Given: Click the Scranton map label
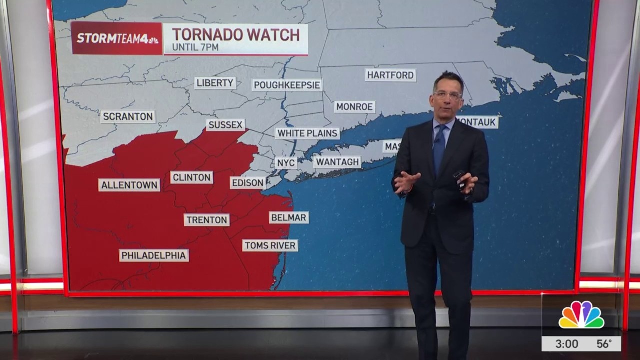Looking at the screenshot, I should [x=128, y=117].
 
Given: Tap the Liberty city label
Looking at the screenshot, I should [x=215, y=83].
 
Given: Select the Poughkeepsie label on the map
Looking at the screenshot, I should [x=287, y=85].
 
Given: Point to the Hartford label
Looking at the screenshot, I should [x=390, y=75].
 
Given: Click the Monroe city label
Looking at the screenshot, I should [x=354, y=107].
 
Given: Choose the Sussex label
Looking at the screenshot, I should [x=225, y=125].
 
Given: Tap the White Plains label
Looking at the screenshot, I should [x=307, y=133].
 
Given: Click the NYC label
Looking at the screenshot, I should [x=286, y=163].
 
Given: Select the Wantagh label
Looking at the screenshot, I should [x=337, y=162].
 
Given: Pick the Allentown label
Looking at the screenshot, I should [x=129, y=185].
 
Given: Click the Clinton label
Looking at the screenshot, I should [x=191, y=177].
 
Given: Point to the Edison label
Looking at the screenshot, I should [x=248, y=183].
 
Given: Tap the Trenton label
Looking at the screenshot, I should [x=207, y=220].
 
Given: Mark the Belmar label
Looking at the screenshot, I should [x=289, y=217].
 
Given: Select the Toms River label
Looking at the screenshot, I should [x=270, y=245].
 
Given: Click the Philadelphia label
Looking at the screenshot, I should [x=154, y=255].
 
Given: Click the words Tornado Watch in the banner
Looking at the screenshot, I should [x=236, y=35].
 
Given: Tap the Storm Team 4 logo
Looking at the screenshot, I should [x=117, y=38].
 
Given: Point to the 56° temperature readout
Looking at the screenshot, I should [x=604, y=344].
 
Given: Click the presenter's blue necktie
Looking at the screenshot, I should [x=439, y=147].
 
